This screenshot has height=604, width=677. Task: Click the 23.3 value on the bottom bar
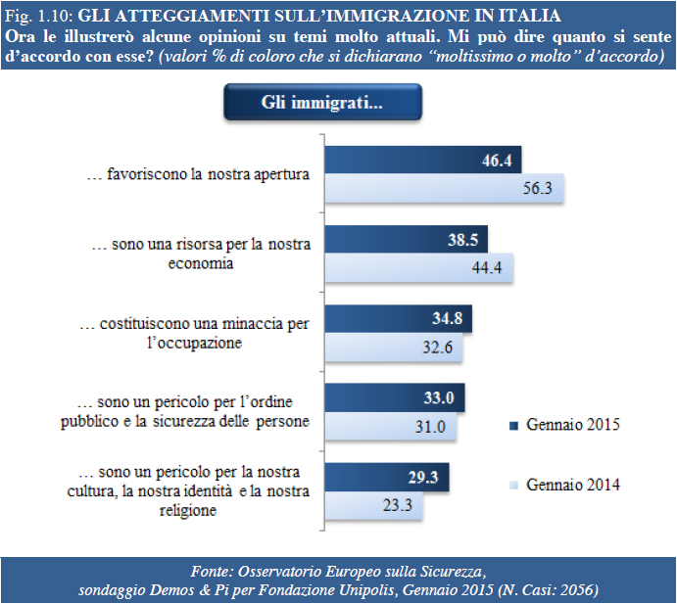pos(404,506)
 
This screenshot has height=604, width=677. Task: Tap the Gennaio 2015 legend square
pos(513,426)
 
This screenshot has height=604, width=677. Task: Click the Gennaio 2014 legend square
pos(513,485)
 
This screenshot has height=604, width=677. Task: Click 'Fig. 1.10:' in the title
pos(37,17)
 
